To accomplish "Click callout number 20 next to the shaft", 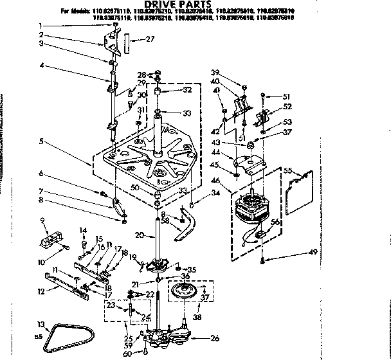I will point(140,237).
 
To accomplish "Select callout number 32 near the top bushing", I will point(187,90).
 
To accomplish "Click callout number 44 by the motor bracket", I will point(233,152).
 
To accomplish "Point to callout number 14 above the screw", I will point(82,230).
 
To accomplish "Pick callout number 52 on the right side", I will point(287,107).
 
